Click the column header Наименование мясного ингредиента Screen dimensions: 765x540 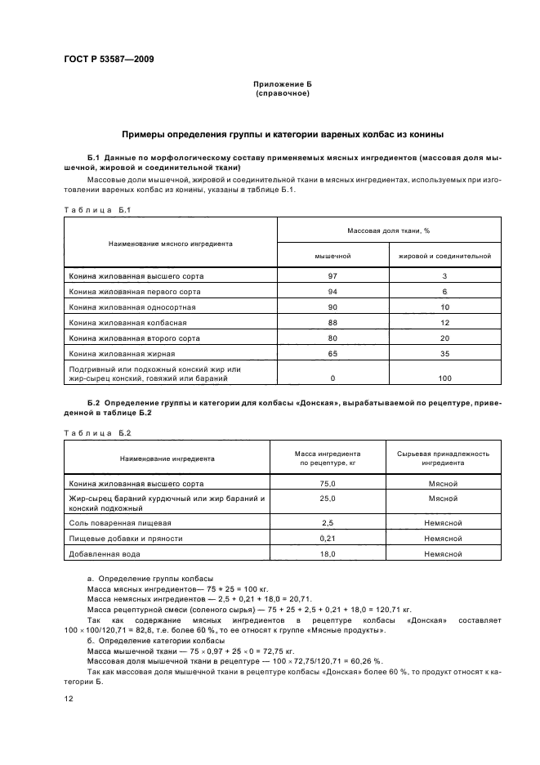(x=171, y=243)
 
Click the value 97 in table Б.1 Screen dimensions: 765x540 (x=332, y=276)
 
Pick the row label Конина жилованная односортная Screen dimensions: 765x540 (x=132, y=306)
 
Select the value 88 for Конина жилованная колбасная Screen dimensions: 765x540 (x=332, y=322)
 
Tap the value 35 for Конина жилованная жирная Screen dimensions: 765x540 (x=444, y=353)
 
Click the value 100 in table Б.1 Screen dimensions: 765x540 (x=444, y=378)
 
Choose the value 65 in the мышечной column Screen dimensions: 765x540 (x=332, y=353)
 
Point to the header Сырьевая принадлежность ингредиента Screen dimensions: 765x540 (x=443, y=458)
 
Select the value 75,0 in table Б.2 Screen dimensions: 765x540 (x=328, y=484)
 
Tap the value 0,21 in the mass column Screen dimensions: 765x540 (x=328, y=539)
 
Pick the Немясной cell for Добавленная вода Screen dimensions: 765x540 (x=443, y=554)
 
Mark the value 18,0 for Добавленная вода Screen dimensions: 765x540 (x=328, y=554)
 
